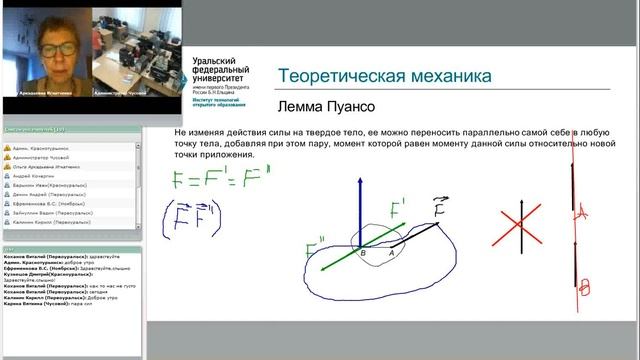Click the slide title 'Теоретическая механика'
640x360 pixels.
(x=384, y=76)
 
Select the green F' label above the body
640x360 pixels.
(x=399, y=212)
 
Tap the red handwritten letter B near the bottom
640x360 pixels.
(x=585, y=288)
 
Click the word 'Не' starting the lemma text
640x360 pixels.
(x=180, y=132)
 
